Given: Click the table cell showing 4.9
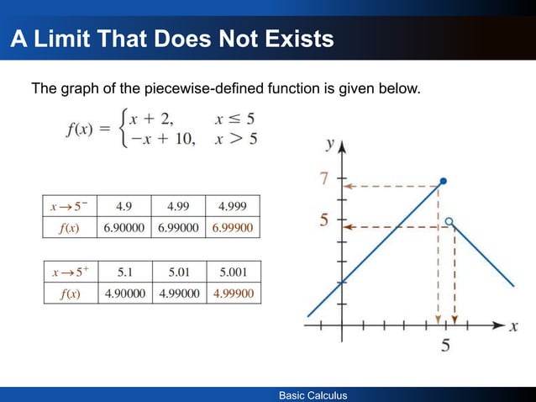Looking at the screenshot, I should pyautogui.click(x=123, y=206).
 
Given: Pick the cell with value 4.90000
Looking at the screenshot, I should pyautogui.click(x=123, y=294).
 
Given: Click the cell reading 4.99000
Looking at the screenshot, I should pyautogui.click(x=178, y=294).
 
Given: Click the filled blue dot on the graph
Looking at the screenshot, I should pyautogui.click(x=444, y=181).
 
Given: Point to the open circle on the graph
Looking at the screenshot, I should pyautogui.click(x=449, y=222).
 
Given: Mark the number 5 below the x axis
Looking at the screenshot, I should pyautogui.click(x=445, y=344).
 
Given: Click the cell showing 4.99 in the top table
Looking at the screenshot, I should pyautogui.click(x=178, y=206).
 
